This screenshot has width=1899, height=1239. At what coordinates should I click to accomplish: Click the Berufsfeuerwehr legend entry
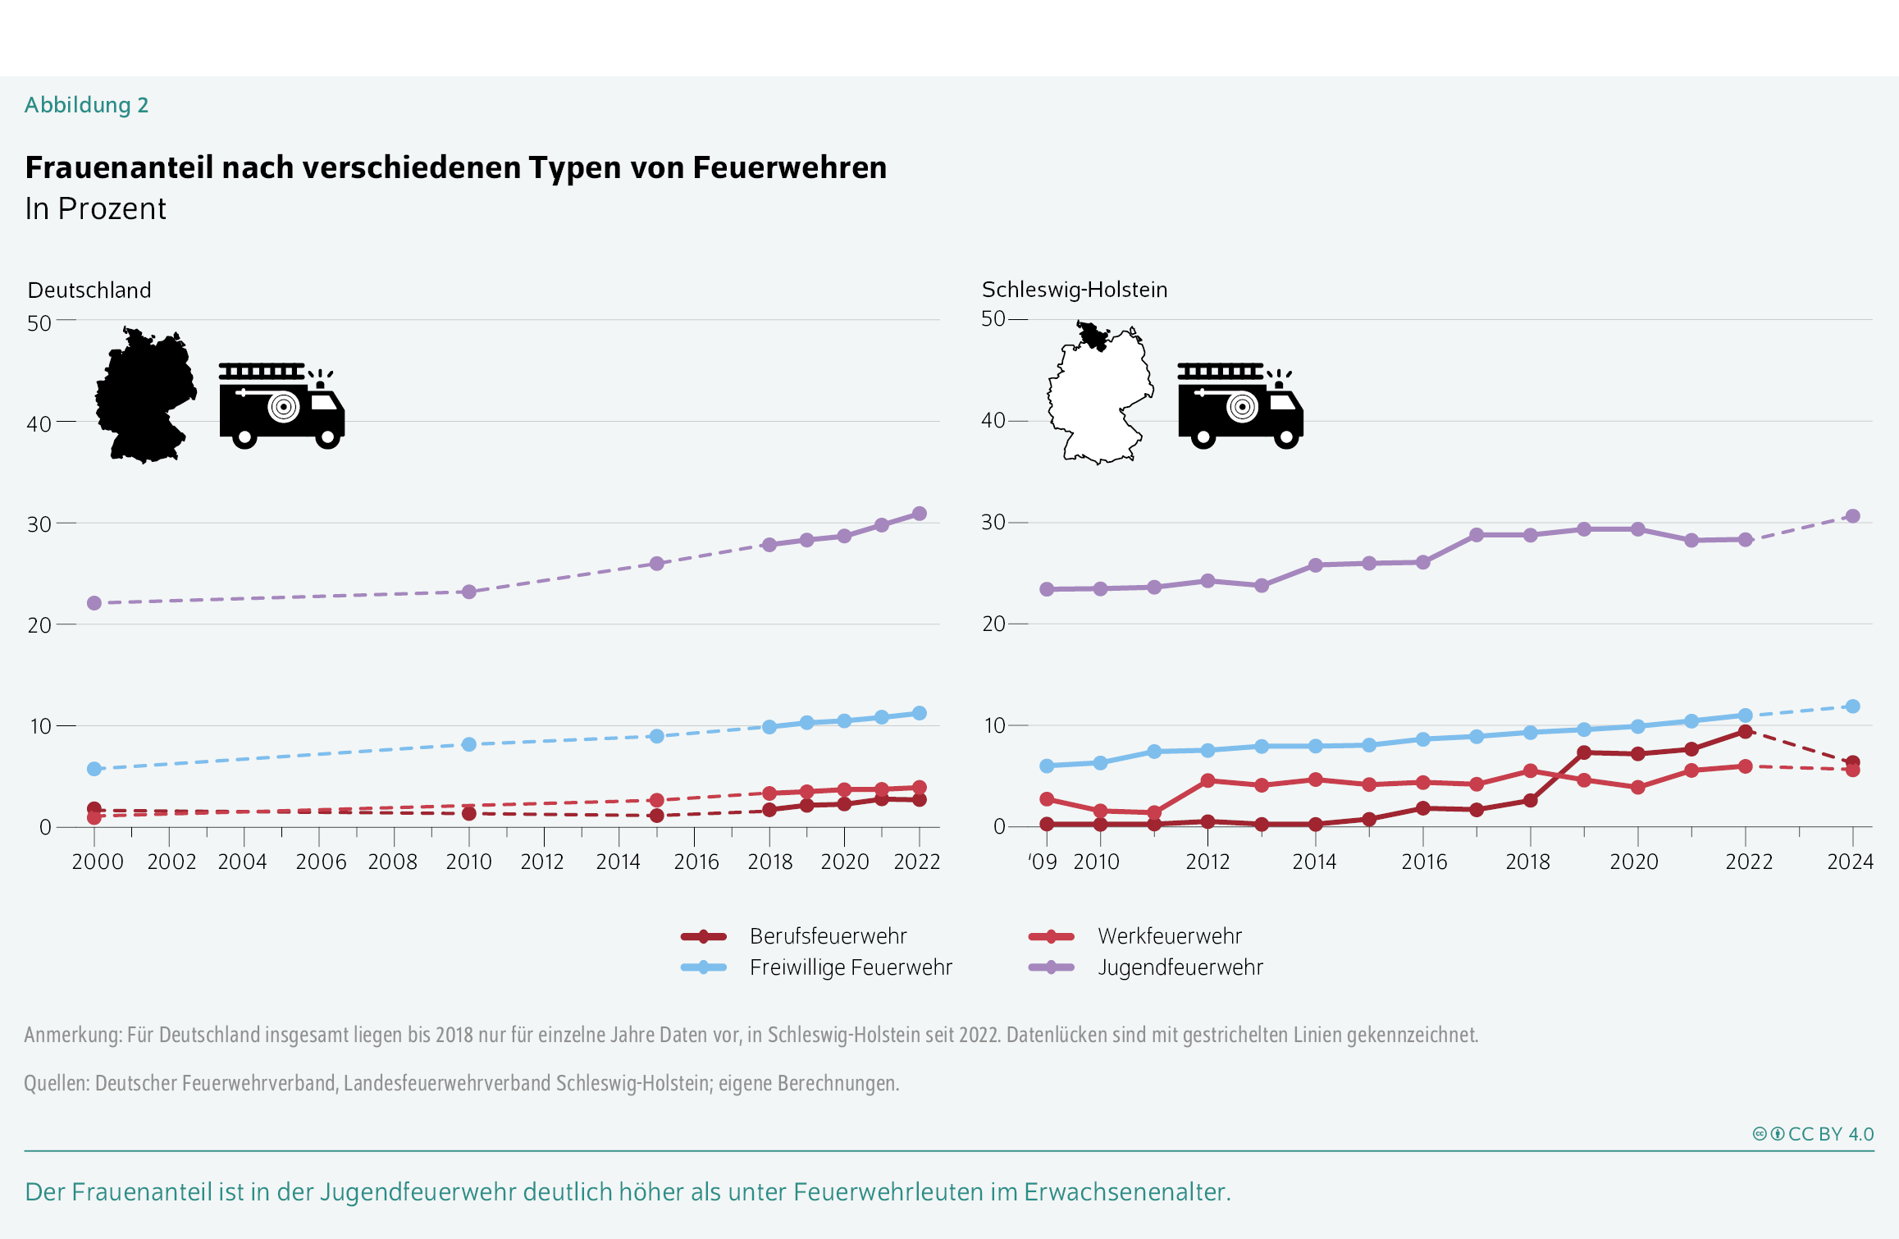pos(827,936)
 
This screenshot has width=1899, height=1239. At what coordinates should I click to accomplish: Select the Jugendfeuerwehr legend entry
pos(1180,967)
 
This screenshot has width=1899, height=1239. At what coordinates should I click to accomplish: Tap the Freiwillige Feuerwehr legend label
pos(851,967)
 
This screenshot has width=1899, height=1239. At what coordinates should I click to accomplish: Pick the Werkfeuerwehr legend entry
pos(1169,936)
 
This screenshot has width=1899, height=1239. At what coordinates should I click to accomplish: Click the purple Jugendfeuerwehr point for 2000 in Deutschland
pos(94,603)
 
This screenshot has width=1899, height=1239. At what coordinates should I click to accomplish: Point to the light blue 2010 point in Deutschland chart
pos(469,744)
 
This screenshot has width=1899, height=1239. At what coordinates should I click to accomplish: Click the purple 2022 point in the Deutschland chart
pos(920,514)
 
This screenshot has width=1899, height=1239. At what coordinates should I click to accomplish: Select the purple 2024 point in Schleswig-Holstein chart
pos(1852,516)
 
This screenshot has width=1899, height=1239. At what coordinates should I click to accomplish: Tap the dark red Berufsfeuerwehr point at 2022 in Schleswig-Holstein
pos(1746,731)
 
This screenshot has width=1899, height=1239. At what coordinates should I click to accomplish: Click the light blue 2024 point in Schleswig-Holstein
pos(1852,706)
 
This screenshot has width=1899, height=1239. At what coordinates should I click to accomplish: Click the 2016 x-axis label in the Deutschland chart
pos(696,862)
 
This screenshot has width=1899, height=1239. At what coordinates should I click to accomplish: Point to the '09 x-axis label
pos(1043,862)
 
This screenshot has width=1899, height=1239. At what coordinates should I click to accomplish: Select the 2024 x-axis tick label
pos(1850,862)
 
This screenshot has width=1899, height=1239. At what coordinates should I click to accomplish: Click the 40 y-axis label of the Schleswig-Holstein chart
pos(993,421)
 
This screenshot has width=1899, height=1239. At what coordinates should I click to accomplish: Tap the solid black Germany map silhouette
pos(146,395)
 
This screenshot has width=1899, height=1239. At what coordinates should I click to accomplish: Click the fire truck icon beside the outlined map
pos(1239,405)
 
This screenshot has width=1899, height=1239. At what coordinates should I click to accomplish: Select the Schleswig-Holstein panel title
pos(1074,290)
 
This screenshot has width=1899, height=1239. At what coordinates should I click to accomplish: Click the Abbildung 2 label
pos(86,105)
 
